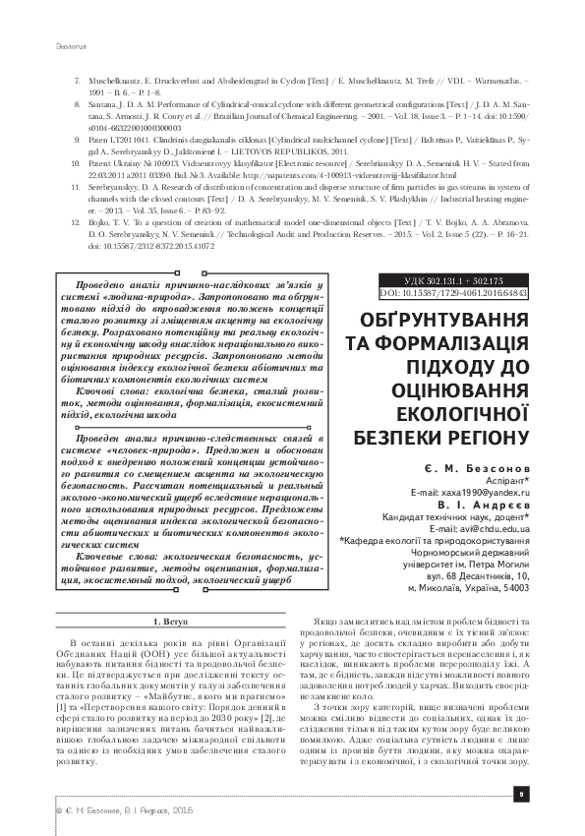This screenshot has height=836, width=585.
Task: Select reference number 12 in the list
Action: click(x=79, y=223)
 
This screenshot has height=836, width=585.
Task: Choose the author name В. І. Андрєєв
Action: click(x=483, y=504)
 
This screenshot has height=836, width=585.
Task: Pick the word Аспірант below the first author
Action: click(x=505, y=482)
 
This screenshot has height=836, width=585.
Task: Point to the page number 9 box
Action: click(x=522, y=794)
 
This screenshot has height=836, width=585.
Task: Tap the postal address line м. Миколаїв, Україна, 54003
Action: click(x=468, y=587)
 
